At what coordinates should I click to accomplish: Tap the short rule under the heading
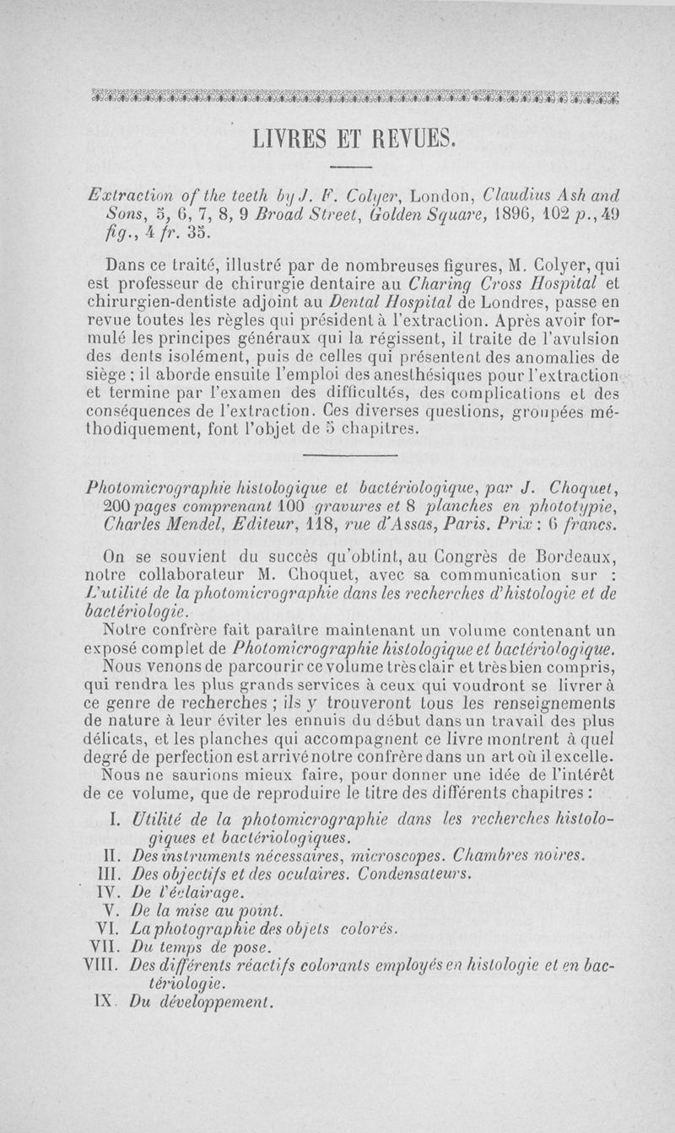tap(348, 164)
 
